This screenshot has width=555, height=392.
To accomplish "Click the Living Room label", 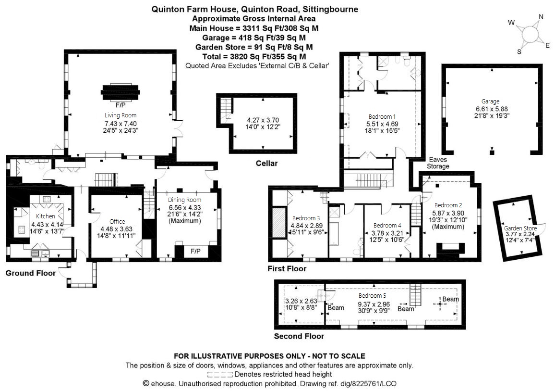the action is pyautogui.click(x=121, y=115).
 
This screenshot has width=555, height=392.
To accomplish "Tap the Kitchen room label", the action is pyautogui.click(x=45, y=216).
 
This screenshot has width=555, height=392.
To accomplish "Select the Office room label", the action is pyautogui.click(x=117, y=221).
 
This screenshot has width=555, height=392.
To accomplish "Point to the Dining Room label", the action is pyautogui.click(x=184, y=200).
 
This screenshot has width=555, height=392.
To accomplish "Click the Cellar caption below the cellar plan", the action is pyautogui.click(x=266, y=163).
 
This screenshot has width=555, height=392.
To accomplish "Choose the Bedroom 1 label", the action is pyautogui.click(x=382, y=117).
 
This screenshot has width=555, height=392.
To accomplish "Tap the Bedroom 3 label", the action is pyautogui.click(x=306, y=218).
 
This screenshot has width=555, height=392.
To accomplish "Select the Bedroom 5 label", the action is pyautogui.click(x=373, y=295).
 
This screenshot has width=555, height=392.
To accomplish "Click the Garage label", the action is pyautogui.click(x=490, y=101).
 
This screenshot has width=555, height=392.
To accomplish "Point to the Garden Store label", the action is pyautogui.click(x=520, y=228).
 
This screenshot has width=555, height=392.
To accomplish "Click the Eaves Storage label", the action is pyautogui.click(x=438, y=163).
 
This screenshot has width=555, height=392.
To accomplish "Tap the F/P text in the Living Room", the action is pyautogui.click(x=121, y=105).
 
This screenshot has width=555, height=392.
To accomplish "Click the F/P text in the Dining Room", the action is pyautogui.click(x=195, y=251).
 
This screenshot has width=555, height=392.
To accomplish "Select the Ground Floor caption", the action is pyautogui.click(x=30, y=273).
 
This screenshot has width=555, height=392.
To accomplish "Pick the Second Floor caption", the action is pyautogui.click(x=299, y=336).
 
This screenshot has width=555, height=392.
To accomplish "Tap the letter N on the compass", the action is pyautogui.click(x=541, y=17).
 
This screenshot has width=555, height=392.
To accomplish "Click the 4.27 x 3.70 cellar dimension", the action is pyautogui.click(x=263, y=120).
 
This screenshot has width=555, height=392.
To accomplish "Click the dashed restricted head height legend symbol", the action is pyautogui.click(x=220, y=374).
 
